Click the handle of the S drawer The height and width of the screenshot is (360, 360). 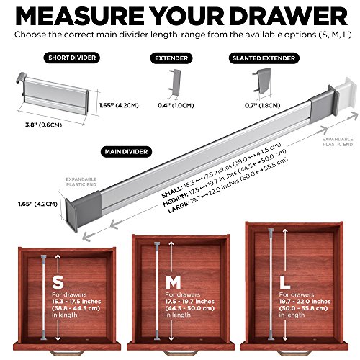coord(66,354)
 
